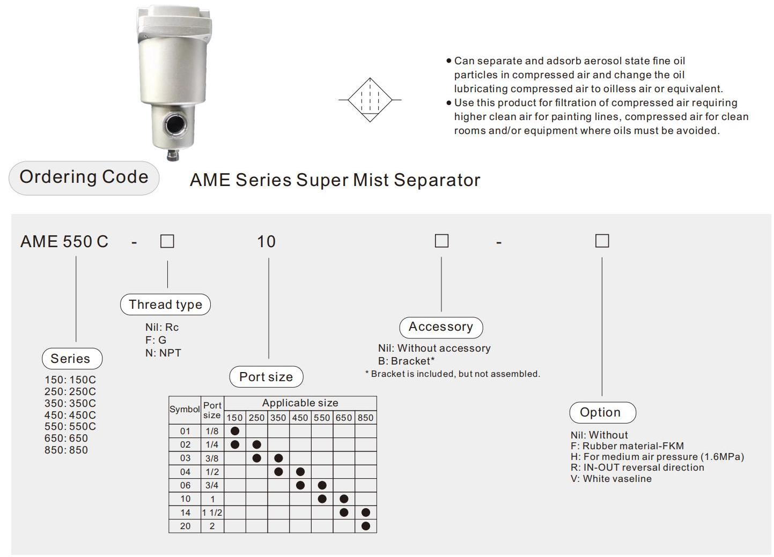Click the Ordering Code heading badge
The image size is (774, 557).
[84, 177]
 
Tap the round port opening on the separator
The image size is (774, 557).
[175, 125]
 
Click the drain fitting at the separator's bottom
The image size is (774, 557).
[173, 155]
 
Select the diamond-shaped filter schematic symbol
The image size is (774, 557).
[370, 100]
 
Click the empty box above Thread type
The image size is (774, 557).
[167, 241]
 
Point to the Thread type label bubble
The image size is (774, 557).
[165, 305]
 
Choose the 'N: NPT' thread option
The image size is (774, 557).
[163, 353]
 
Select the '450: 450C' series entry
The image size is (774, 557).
[70, 415]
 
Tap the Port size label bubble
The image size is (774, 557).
[266, 377]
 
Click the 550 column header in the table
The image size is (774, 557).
[322, 418]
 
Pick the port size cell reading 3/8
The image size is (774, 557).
[212, 458]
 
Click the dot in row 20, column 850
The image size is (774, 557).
[366, 526]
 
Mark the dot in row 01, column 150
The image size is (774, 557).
[234, 431]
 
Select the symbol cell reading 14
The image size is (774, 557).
[185, 513]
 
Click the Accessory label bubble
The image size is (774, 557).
[441, 327]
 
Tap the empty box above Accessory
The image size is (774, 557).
[441, 241]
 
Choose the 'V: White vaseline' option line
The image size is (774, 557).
[611, 479]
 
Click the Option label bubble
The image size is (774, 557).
[602, 413]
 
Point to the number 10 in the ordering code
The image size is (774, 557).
[266, 242]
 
